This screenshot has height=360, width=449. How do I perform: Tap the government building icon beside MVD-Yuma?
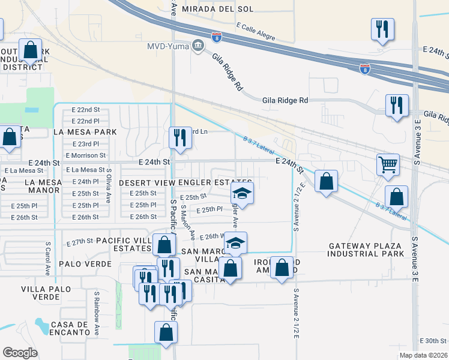[x=197, y=46]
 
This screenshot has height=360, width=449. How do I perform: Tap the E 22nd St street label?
[x=85, y=110]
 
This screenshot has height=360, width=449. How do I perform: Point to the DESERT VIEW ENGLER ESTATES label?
[x=185, y=182]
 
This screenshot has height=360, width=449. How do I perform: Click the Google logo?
[x=19, y=353]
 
